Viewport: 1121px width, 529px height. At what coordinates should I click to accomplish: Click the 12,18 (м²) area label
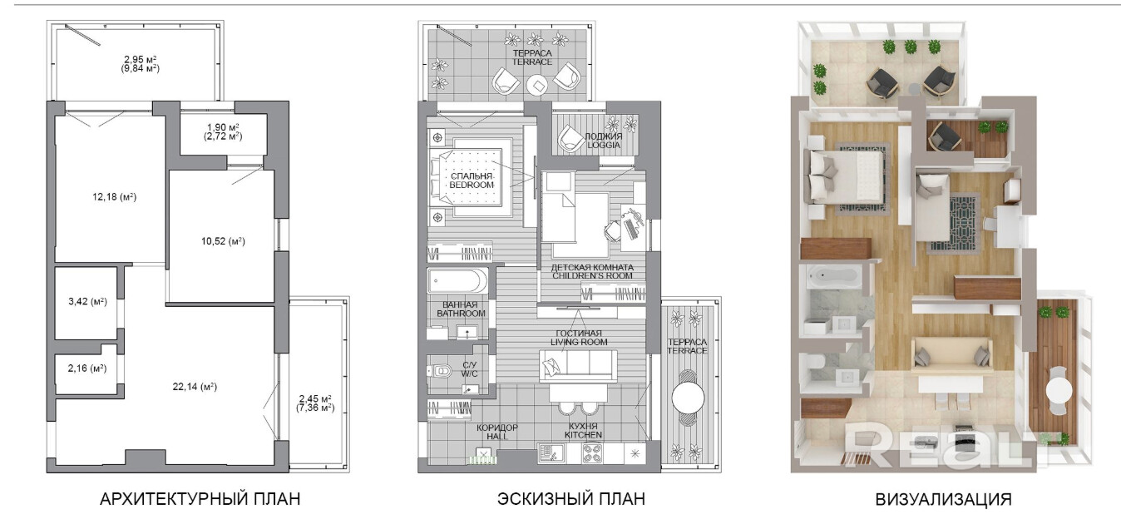point(114,196)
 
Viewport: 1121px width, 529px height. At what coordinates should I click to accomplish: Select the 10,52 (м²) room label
point(223,241)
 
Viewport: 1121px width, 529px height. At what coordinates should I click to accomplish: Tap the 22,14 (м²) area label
point(195,387)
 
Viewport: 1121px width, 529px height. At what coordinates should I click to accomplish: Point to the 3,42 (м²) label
point(87,301)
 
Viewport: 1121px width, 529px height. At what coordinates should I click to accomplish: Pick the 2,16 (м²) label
point(87,368)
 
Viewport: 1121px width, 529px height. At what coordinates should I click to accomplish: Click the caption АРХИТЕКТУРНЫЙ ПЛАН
point(200,499)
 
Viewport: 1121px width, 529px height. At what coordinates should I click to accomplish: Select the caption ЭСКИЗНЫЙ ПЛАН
point(571,499)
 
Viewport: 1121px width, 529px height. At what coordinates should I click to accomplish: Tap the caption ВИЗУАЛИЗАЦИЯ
point(943,499)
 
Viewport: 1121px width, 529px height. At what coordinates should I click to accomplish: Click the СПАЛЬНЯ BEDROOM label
point(472,180)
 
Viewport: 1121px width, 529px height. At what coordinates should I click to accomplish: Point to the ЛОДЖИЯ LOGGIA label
point(604,141)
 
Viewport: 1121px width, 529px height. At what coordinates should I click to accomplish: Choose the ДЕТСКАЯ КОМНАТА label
point(592,267)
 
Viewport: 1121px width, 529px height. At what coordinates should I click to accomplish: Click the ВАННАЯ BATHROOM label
point(461,309)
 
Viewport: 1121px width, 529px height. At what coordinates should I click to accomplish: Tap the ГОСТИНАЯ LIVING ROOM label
point(579,338)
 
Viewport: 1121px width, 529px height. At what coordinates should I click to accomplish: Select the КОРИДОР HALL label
point(497,432)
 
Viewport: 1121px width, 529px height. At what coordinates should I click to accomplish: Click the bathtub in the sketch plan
point(457,281)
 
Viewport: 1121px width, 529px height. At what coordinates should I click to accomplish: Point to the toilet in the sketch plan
point(441,371)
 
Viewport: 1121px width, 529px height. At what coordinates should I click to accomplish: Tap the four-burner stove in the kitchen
point(594,454)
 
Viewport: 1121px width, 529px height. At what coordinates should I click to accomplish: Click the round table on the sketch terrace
point(688,398)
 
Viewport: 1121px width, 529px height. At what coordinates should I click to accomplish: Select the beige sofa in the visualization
point(951,355)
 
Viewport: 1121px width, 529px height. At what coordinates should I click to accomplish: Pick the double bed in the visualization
point(844,176)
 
